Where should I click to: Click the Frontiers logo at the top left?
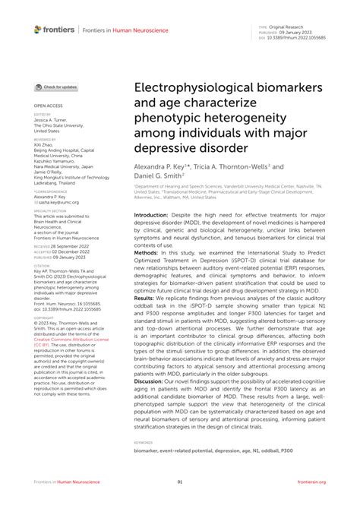point(55,29)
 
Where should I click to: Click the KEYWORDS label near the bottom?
point(144,441)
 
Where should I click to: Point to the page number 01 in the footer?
point(180,482)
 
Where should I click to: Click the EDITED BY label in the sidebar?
point(43,115)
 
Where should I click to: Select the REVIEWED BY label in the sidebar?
point(45,140)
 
